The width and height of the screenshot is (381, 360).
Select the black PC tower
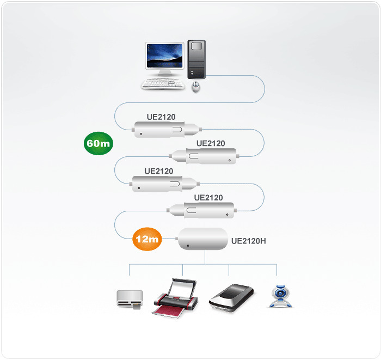click(197, 60)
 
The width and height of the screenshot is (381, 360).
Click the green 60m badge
click(99, 144)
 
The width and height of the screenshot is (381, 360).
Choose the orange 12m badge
click(147, 239)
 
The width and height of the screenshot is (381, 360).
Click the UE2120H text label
click(249, 240)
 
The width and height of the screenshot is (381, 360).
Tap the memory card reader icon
click(130, 300)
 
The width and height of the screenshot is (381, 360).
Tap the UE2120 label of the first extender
click(161, 117)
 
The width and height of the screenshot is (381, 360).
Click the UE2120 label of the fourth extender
click(208, 197)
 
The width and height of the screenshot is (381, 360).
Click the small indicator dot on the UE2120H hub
click(188, 247)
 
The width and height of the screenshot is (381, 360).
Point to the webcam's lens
click(281, 292)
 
